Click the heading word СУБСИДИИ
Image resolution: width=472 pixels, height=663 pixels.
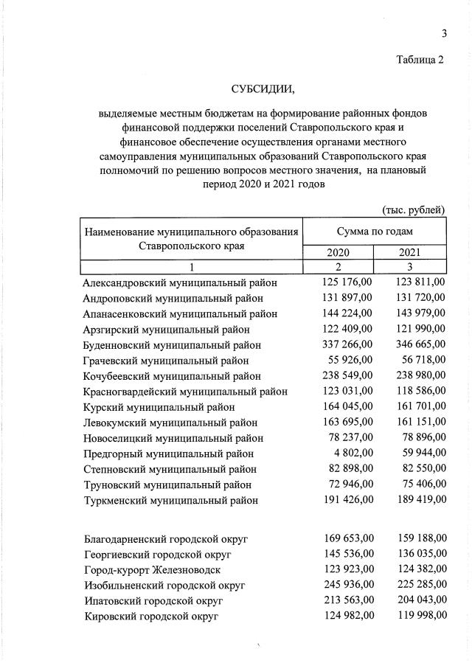coord(263,90)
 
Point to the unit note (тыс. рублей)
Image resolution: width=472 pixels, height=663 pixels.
coord(413,210)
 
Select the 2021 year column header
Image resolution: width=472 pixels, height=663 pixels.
coord(410,253)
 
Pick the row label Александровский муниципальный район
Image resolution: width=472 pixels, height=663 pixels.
coord(180,282)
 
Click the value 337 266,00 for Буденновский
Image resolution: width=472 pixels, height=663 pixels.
coord(348,345)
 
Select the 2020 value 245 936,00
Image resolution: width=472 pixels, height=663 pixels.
coord(348,585)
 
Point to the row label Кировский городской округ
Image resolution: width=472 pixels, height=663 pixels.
coord(151,616)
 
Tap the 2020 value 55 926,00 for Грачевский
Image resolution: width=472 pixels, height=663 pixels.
coord(351,361)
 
